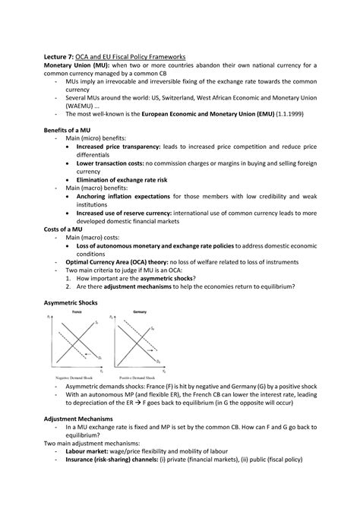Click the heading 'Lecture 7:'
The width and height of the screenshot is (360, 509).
[65, 55]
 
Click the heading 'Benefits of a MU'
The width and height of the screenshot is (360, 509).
[74, 131]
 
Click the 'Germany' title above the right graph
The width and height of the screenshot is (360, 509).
[141, 313]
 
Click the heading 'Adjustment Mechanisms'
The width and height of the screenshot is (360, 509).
[83, 419]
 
